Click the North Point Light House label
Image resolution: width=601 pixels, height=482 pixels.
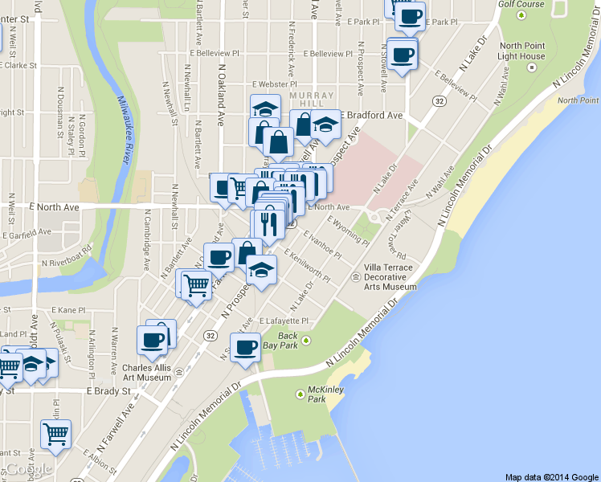tap(521, 51)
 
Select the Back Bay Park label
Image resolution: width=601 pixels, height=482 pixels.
tap(287, 340)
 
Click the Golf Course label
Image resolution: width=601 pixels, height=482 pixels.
tap(521, 4)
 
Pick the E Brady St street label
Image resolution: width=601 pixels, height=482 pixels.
tap(108, 391)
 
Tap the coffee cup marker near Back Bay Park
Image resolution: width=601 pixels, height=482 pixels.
tap(245, 347)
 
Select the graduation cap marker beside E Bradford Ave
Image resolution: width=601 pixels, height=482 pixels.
tap(325, 124)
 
